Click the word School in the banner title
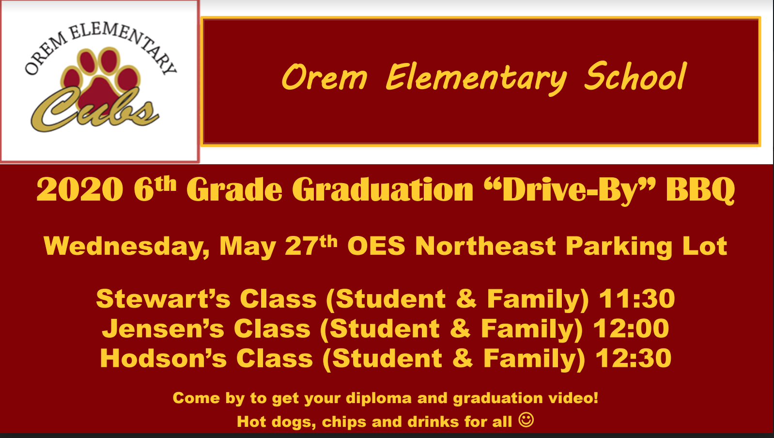click(x=635, y=77)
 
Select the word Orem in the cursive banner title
click(x=324, y=78)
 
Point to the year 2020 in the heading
click(x=79, y=189)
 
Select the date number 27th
click(x=311, y=246)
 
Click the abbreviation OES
click(x=376, y=246)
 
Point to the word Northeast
click(x=485, y=246)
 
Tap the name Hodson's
click(x=163, y=358)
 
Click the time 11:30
click(x=637, y=298)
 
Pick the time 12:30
click(x=634, y=358)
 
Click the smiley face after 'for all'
click(x=526, y=420)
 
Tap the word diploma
click(x=379, y=398)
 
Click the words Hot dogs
click(x=277, y=422)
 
